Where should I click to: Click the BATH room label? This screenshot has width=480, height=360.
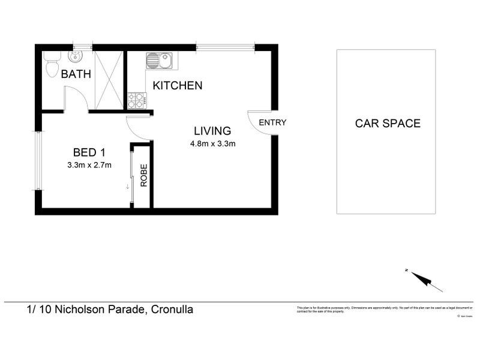76,75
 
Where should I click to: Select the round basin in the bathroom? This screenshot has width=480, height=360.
76,58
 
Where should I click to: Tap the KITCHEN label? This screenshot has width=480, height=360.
178,86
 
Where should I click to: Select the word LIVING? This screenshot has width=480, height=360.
212,131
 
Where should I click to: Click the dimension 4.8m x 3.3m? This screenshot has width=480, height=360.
212,144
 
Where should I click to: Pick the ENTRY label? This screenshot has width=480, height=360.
272,122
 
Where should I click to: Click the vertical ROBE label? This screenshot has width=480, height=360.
144,176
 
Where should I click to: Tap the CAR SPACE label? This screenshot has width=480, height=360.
388,124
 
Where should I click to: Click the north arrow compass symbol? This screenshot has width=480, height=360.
424,280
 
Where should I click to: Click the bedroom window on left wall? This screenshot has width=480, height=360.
37,161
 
